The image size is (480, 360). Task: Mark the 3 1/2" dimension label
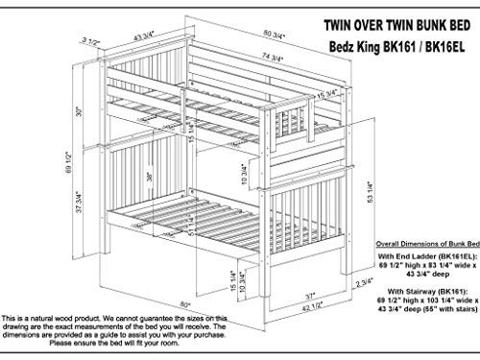click(91, 41)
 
